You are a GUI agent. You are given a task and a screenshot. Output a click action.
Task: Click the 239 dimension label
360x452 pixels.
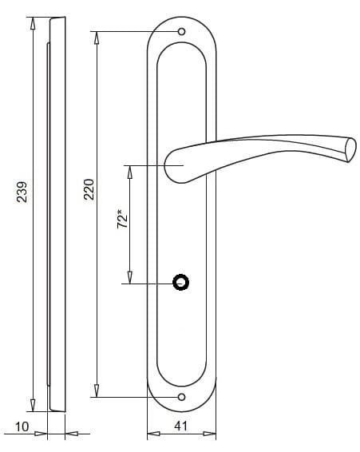tap(22, 192)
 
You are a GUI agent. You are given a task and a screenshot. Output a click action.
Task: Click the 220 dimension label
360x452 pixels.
tap(89, 189)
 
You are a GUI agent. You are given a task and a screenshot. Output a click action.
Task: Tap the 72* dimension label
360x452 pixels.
tap(122, 220)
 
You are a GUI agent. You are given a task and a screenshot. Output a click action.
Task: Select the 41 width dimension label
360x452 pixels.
tap(180, 426)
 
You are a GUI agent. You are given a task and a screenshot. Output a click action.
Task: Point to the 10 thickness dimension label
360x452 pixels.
tap(22, 427)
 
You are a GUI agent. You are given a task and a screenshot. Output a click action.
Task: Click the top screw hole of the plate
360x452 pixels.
tap(181, 32)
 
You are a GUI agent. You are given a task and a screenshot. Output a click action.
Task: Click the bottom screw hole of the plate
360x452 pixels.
tap(181, 397)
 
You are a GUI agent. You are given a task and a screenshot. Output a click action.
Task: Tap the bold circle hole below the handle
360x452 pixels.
tap(180, 282)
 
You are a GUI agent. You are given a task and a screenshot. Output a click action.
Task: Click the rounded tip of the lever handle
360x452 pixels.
tap(350, 150)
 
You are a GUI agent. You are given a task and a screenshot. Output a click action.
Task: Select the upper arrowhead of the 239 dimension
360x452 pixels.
tap(33, 23)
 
